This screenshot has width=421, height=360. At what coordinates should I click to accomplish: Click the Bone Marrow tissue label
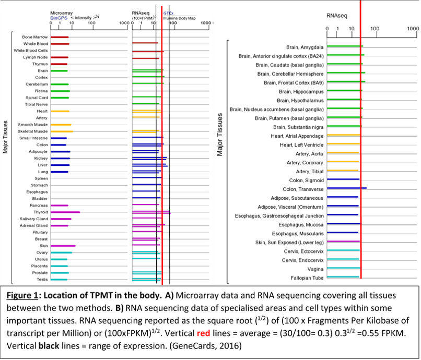click(35, 37)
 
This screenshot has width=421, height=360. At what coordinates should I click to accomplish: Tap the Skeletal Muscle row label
click(33, 131)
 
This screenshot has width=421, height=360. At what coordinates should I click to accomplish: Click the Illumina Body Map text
click(177, 17)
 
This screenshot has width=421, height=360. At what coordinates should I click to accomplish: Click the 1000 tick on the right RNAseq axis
click(413, 28)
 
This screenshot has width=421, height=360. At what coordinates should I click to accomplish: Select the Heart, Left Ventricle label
click(301, 145)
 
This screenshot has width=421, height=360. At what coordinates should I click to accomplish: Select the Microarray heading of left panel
click(62, 13)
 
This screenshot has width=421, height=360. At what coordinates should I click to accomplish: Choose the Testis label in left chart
click(42, 280)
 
